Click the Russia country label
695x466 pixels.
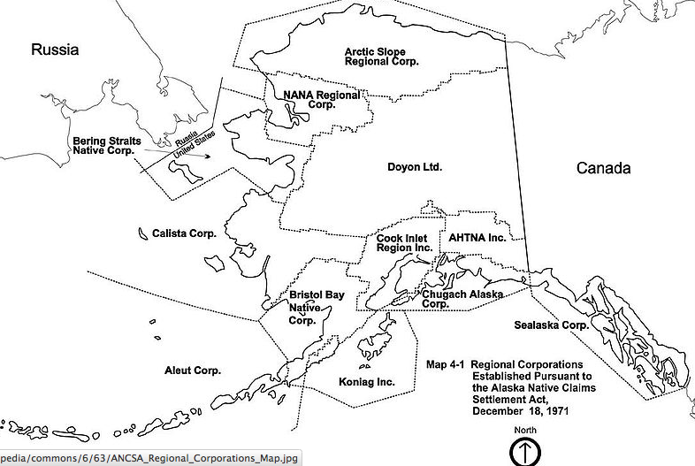[x=55, y=50]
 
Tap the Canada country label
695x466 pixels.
[x=603, y=168]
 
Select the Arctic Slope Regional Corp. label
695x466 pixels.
[x=381, y=57]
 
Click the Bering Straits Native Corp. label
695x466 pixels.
[x=103, y=145]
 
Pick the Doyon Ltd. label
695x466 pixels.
[x=414, y=166]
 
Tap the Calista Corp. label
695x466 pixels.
[x=184, y=233]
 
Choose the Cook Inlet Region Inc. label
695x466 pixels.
[x=404, y=244]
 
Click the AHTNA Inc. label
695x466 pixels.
[x=477, y=239]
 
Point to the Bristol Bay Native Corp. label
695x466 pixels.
[x=316, y=307]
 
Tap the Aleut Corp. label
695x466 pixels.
[x=193, y=371]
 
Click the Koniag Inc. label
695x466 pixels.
[x=367, y=382]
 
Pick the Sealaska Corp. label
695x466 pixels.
[x=552, y=325]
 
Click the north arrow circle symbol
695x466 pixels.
[x=525, y=452]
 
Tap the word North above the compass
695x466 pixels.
[x=524, y=430]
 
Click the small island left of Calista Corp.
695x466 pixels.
[x=142, y=233]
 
